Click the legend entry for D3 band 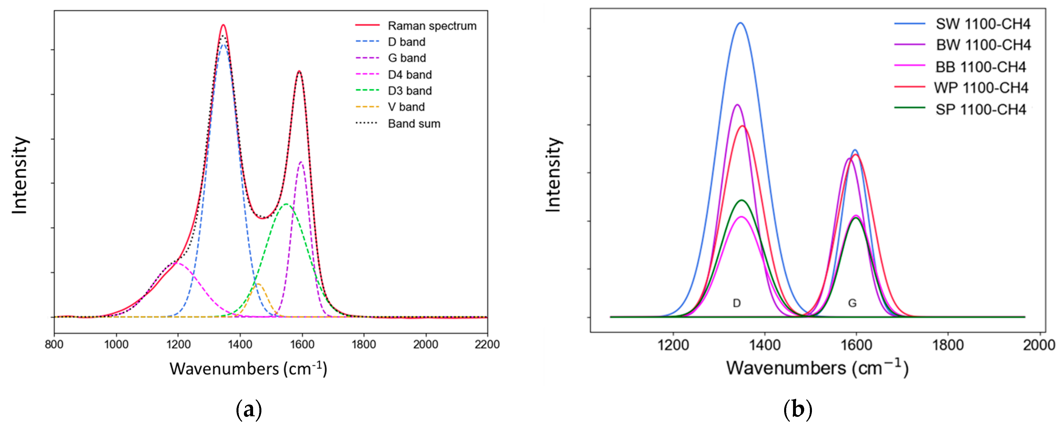click(x=409, y=91)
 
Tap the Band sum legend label click(x=414, y=124)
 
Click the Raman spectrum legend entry click(x=432, y=26)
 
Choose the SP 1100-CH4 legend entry click(x=980, y=110)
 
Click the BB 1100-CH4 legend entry click(x=980, y=67)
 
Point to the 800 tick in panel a click(x=54, y=344)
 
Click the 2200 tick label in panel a click(x=487, y=344)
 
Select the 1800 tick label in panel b click(x=948, y=345)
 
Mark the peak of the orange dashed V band click(x=258, y=284)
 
